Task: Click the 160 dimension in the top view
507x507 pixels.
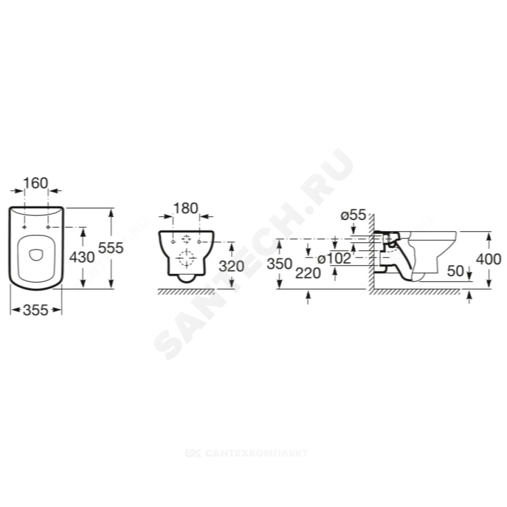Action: (35, 184)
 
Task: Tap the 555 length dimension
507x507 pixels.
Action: (111, 248)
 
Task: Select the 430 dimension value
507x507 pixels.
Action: (82, 258)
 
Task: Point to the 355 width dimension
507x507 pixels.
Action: (35, 310)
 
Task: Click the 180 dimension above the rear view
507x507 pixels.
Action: (186, 208)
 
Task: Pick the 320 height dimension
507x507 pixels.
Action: (232, 267)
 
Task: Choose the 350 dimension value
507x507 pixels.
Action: (279, 264)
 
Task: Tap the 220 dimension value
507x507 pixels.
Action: (308, 273)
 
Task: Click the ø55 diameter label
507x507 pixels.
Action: (353, 215)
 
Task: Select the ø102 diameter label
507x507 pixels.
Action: (334, 259)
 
